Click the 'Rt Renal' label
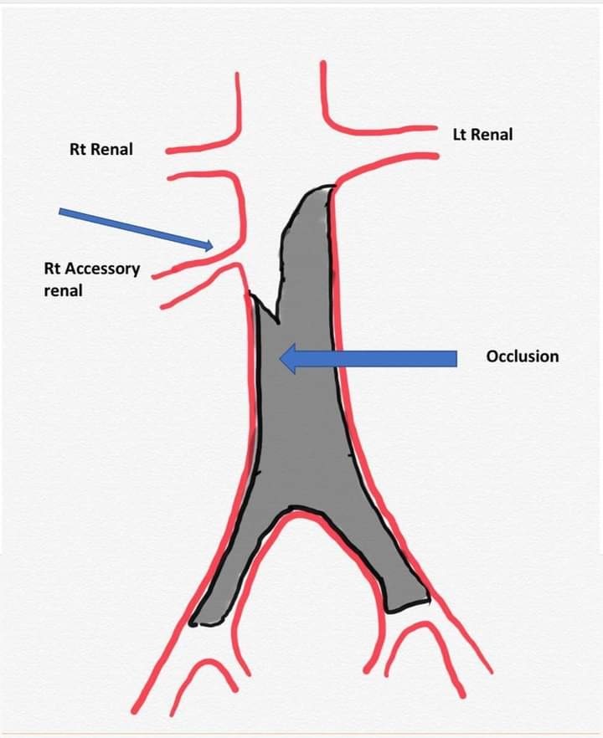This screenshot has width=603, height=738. [x=100, y=150]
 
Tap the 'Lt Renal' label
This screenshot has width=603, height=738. [x=482, y=134]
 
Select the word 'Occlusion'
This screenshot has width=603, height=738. [x=522, y=356]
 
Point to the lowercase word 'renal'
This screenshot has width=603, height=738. [x=63, y=292]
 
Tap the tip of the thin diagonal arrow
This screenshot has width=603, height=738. [x=212, y=246]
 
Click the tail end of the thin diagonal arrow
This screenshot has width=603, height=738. [x=60, y=212]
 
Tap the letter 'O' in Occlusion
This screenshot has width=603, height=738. [x=492, y=356]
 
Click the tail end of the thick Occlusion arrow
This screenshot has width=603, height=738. [x=456, y=358]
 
